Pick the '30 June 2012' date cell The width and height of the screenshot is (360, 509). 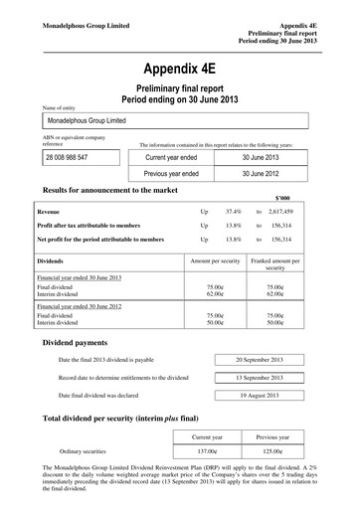pyautogui.click(x=264, y=173)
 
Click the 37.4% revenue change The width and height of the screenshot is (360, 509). pyautogui.click(x=234, y=212)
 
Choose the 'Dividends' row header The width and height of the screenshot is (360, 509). pyautogui.click(x=52, y=259)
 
